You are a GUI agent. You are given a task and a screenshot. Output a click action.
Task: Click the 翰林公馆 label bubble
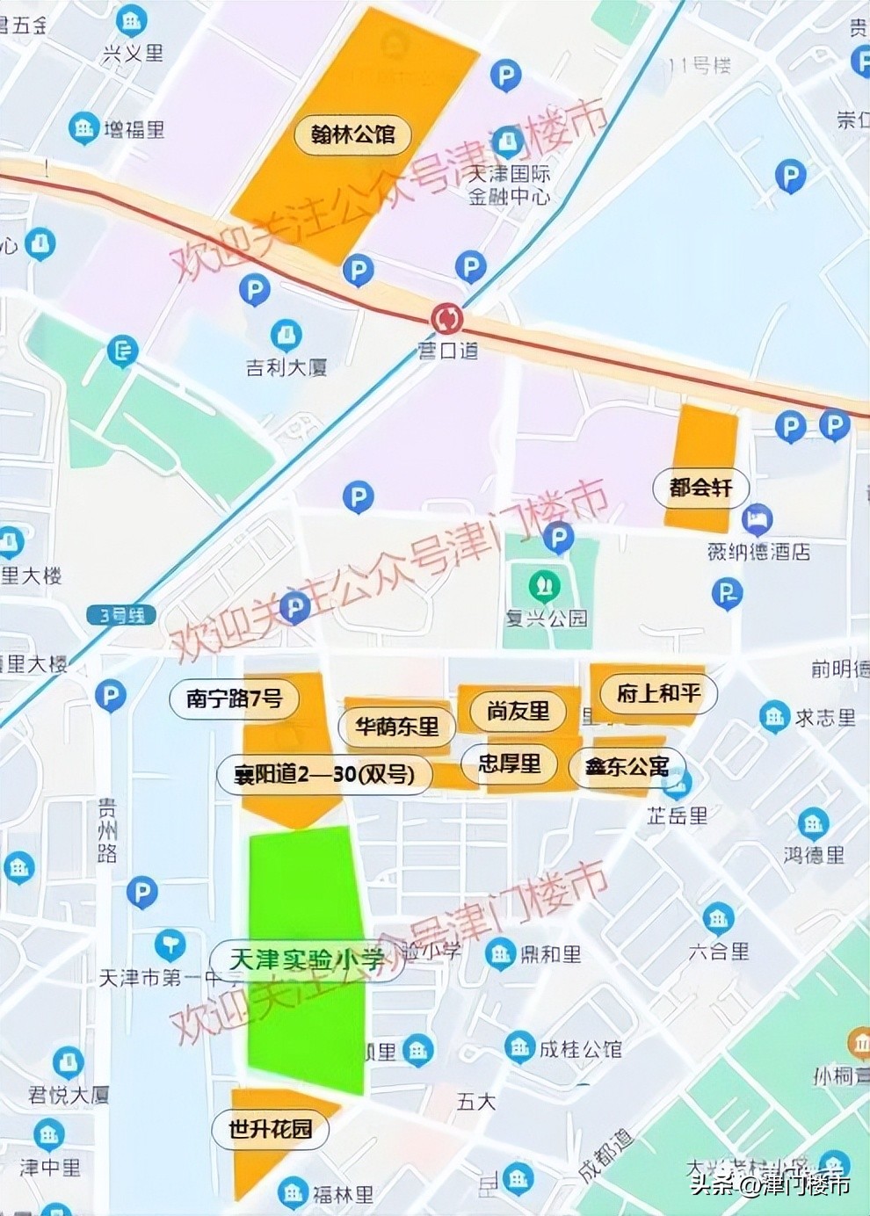pyautogui.click(x=352, y=134)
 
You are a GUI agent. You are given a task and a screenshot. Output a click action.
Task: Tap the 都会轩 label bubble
pyautogui.click(x=700, y=488)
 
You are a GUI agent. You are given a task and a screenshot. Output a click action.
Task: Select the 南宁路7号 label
pyautogui.click(x=234, y=698)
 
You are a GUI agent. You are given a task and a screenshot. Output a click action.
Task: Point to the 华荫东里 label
pyautogui.click(x=396, y=727)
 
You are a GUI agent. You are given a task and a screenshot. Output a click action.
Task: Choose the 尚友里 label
pyautogui.click(x=518, y=710)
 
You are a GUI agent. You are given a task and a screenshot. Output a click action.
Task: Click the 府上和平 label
pyautogui.click(x=658, y=693)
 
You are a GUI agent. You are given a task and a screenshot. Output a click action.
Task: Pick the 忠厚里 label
pyautogui.click(x=510, y=764)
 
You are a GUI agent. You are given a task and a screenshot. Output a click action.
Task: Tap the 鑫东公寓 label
pyautogui.click(x=627, y=767)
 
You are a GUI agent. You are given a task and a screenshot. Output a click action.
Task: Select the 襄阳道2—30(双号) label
pyautogui.click(x=324, y=774)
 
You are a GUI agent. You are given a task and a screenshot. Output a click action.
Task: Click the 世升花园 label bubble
pyautogui.click(x=271, y=1129)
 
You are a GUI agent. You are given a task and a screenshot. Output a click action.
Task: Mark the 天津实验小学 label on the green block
pyautogui.click(x=306, y=959)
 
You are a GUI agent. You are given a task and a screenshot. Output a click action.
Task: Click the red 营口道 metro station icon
pyautogui.click(x=447, y=318)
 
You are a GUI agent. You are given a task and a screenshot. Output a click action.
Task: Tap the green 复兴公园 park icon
pyautogui.click(x=545, y=583)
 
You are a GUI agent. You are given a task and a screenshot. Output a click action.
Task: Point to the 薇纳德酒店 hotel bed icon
pyautogui.click(x=757, y=520)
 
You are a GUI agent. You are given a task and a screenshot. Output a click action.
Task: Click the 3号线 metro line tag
pyautogui.click(x=121, y=615)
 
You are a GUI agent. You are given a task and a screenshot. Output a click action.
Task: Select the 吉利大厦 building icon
pyautogui.click(x=286, y=335)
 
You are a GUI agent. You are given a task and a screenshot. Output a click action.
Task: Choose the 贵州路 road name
pyautogui.click(x=107, y=829)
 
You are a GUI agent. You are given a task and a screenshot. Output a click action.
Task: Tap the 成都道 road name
pyautogui.click(x=606, y=1154)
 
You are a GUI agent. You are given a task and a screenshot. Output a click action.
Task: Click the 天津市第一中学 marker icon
pyautogui.click(x=170, y=945)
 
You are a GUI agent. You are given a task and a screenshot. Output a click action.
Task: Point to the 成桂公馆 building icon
pyautogui.click(x=520, y=1046)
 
